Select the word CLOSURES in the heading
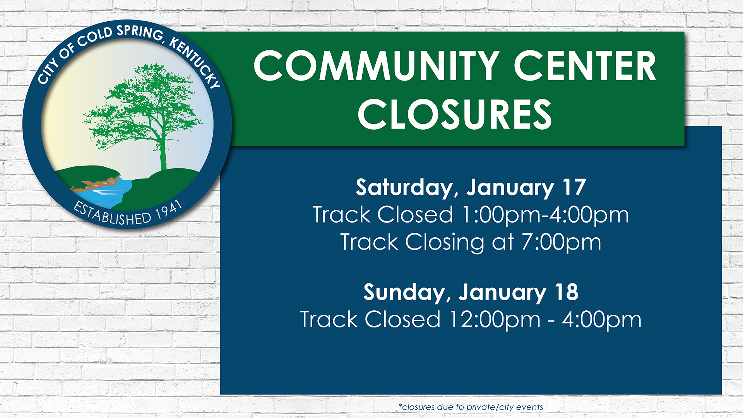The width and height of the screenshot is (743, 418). (455, 114)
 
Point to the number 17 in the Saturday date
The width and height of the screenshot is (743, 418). (574, 187)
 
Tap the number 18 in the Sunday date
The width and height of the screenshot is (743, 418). (567, 292)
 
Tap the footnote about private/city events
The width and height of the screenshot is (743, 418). (471, 407)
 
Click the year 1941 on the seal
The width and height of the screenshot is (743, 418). (169, 211)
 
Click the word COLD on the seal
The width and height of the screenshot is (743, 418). (95, 38)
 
